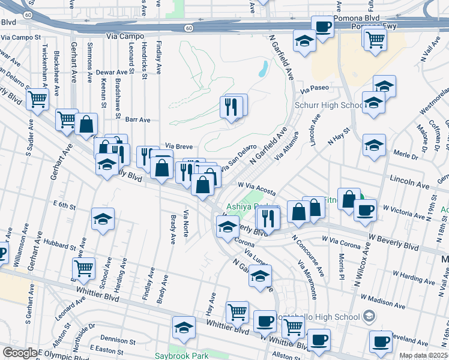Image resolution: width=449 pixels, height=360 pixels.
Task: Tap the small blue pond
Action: pos(263,69)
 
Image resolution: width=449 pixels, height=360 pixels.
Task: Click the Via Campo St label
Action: pos(20,37)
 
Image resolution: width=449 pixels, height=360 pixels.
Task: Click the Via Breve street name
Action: pos(178,146)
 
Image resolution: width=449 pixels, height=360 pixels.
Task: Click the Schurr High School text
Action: pos(328,106)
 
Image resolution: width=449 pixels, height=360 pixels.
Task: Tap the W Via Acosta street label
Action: pos(256,189)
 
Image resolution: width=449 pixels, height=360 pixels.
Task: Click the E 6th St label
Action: pos(64,205)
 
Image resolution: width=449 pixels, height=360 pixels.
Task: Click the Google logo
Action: pos(20,353)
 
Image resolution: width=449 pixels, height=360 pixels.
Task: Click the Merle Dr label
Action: pos(405,155)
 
